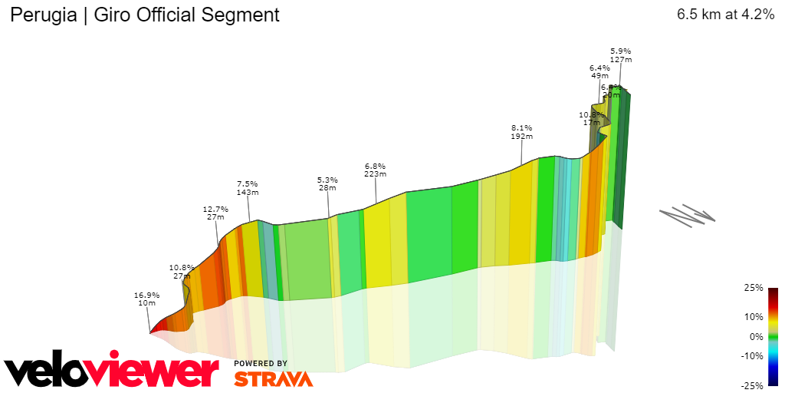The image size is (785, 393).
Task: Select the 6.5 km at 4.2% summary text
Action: (725, 15)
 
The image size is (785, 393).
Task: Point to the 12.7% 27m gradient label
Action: (215, 213)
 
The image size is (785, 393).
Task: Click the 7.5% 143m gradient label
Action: (247, 188)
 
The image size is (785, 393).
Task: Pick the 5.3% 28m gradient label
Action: (327, 184)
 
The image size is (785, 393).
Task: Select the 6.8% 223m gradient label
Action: (375, 170)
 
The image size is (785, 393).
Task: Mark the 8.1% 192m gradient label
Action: (521, 131)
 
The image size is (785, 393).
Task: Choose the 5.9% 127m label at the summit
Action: (620, 55)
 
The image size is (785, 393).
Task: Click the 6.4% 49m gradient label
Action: (599, 71)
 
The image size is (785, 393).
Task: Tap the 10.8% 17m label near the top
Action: (591, 118)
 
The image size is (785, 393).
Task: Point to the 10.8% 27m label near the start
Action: (182, 271)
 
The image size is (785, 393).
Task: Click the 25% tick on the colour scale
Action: (754, 288)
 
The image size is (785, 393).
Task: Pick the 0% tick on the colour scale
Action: (756, 336)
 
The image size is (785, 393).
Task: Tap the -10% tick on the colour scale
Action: (752, 355)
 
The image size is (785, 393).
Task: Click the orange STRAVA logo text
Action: (273, 378)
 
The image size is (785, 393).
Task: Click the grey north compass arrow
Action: (687, 214)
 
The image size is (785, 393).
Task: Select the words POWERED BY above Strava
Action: (261, 363)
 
